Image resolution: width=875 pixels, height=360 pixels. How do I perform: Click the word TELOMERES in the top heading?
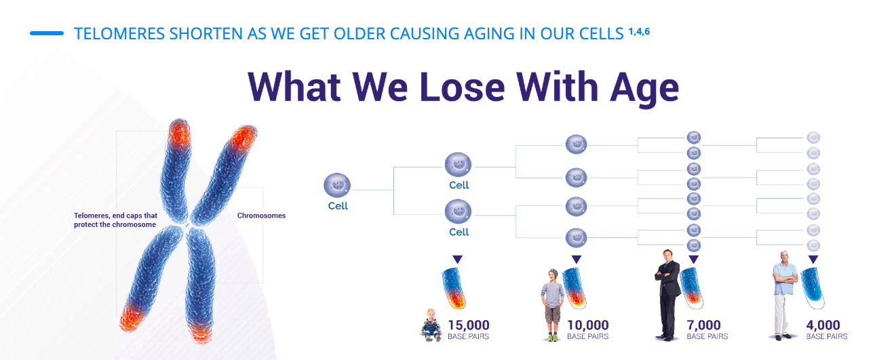(119, 34)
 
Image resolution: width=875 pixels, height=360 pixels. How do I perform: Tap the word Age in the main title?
(644, 89)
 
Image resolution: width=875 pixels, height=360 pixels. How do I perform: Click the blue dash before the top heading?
(47, 33)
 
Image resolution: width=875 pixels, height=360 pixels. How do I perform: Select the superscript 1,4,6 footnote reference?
(639, 31)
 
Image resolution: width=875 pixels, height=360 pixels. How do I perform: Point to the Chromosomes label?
(261, 216)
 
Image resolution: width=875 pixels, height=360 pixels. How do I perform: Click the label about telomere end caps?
(115, 220)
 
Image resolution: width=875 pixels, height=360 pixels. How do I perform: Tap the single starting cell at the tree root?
(336, 185)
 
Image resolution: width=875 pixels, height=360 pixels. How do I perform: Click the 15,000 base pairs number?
(468, 325)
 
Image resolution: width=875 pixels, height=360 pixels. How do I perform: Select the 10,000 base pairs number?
(588, 325)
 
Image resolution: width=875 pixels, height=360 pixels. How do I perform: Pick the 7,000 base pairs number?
(703, 325)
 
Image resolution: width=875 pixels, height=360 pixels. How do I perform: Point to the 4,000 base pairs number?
(823, 325)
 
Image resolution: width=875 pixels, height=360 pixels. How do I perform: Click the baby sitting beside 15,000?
(431, 325)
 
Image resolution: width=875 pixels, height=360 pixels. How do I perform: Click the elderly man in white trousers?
(784, 296)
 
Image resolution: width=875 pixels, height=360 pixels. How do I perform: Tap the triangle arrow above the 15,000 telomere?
(457, 259)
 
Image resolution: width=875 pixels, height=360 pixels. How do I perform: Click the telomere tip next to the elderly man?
(813, 288)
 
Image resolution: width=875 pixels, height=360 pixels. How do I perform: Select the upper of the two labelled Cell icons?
(458, 164)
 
